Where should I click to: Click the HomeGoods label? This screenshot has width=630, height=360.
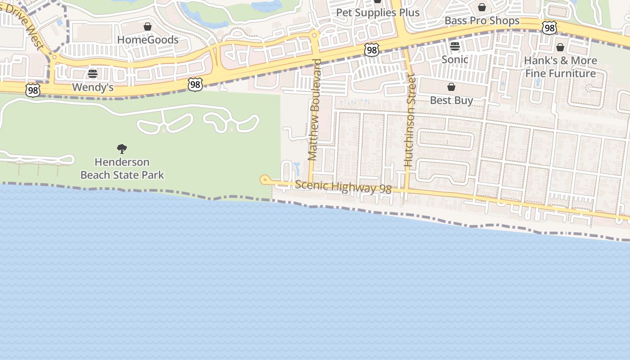tap(148, 40)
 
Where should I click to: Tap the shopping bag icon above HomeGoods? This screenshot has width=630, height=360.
tap(148, 27)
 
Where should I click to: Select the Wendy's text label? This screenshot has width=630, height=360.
tap(93, 87)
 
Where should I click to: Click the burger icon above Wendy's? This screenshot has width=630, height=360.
tap(93, 74)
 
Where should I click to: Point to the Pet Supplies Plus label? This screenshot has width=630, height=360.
tap(378, 13)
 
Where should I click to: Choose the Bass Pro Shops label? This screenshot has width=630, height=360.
tap(482, 21)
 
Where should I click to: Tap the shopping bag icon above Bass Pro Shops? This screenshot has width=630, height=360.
tap(482, 8)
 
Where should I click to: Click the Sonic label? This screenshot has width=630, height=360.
tap(454, 59)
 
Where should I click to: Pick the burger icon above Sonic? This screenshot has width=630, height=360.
tap(454, 46)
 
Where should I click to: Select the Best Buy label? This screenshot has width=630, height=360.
tap(451, 100)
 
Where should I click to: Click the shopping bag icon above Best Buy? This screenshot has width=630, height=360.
tap(451, 87)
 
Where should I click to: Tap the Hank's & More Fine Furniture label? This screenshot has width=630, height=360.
tap(561, 67)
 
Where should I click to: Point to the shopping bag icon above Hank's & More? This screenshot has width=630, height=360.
tap(560, 47)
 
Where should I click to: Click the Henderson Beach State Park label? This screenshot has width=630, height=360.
tap(122, 168)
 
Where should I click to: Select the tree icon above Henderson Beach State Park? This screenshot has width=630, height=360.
tap(121, 149)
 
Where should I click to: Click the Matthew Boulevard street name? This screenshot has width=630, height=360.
tap(314, 110)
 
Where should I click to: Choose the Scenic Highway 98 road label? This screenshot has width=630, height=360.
tap(343, 187)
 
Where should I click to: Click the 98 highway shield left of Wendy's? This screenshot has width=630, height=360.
tap(32, 90)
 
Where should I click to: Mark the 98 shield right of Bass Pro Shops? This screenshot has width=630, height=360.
tap(549, 28)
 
